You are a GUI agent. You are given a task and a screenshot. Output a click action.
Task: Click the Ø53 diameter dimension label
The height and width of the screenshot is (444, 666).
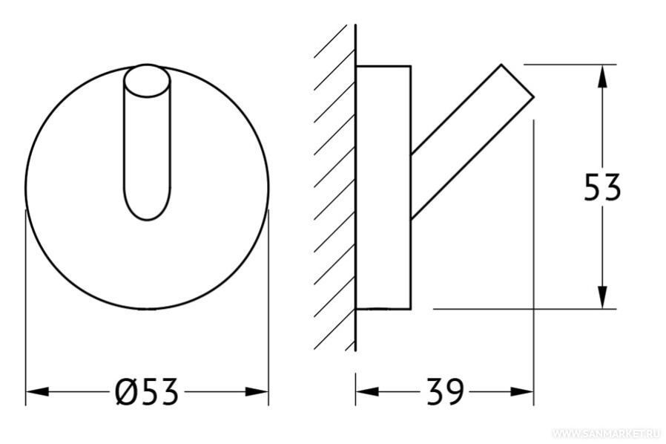[146, 392]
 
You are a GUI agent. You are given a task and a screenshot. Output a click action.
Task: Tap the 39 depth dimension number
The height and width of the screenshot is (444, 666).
[445, 392]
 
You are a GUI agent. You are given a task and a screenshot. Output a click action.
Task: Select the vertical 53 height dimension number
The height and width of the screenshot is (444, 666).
[602, 187]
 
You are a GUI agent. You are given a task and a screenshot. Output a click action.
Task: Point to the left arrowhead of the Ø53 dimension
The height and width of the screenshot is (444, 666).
[37, 392]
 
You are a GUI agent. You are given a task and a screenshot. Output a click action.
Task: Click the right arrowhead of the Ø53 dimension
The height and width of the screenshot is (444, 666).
[257, 392]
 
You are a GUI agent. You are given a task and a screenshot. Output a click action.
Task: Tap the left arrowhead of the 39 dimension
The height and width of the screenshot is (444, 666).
[367, 392]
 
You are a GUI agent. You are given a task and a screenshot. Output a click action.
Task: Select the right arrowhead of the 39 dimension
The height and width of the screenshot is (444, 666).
[522, 392]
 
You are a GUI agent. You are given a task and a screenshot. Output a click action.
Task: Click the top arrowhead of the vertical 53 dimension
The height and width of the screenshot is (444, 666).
[602, 76]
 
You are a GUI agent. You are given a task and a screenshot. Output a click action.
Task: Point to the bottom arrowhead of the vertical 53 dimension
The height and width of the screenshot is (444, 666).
[602, 297]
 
